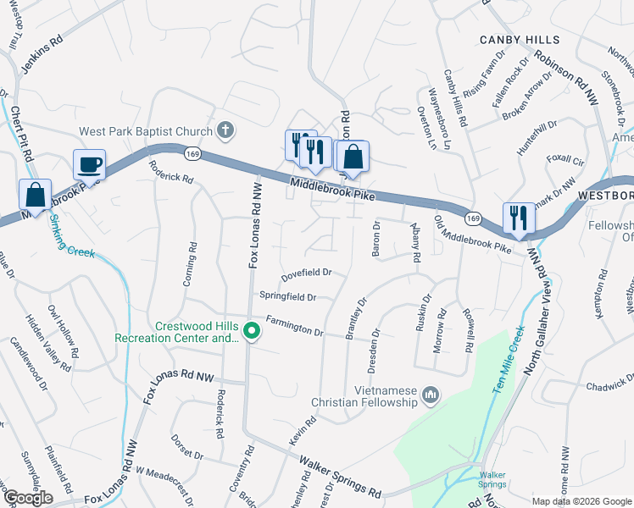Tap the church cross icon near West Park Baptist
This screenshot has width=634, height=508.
coord(225,130)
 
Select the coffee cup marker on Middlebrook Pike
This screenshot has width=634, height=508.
coord(89,163)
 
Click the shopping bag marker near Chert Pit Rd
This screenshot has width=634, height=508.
coord(36,194)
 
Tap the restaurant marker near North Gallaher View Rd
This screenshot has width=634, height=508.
coord(516,218)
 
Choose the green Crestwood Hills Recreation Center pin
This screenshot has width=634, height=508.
coord(251,331)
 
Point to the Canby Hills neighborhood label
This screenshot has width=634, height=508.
coord(520,40)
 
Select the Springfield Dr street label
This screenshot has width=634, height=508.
coord(287,297)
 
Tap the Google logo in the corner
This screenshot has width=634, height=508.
coord(28,498)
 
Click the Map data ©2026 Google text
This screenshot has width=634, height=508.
coord(581,501)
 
